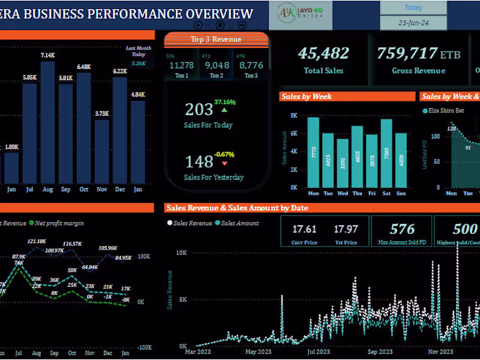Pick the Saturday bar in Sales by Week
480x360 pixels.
[x=386, y=153]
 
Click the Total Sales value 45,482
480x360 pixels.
[x=323, y=53]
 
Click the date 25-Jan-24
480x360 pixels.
[x=413, y=23]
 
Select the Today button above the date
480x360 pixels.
[x=413, y=8]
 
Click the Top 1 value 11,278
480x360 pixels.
[x=181, y=65]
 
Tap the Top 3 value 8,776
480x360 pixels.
[x=251, y=65]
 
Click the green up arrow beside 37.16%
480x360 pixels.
[x=224, y=110]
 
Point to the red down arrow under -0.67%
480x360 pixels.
[x=224, y=163]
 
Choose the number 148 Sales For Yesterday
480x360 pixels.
[x=199, y=161]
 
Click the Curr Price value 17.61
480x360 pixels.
[x=304, y=229]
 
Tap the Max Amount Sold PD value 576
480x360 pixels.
[x=402, y=229]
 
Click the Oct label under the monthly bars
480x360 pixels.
[x=83, y=189]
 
